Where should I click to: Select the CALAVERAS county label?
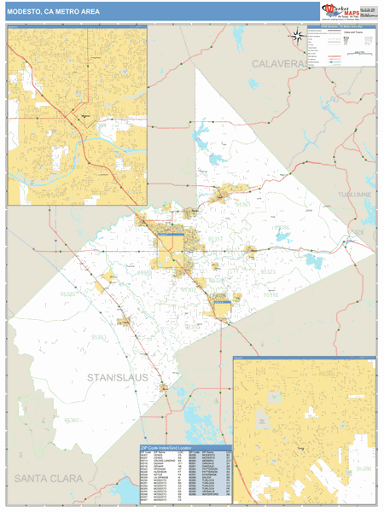(x=279, y=65)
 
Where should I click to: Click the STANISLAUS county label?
(x=118, y=376)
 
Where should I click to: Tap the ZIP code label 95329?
(x=357, y=233)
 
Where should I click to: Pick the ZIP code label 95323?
(x=269, y=271)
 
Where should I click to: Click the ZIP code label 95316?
(x=271, y=294)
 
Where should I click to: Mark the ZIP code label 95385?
(x=68, y=293)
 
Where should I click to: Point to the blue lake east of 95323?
(x=313, y=261)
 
